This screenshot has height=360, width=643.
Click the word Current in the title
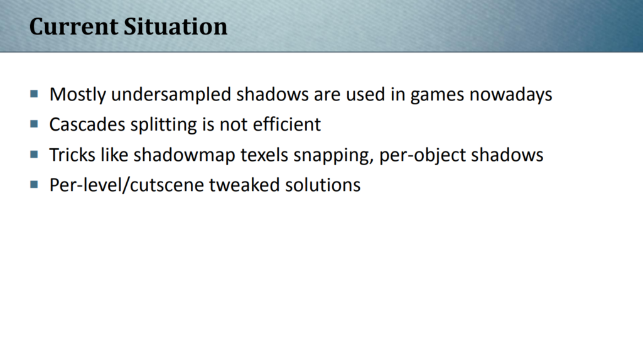pos(74,26)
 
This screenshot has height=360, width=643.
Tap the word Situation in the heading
pos(176,26)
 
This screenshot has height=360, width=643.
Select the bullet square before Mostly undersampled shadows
pos(34,94)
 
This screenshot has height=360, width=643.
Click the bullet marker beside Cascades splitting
pos(34,124)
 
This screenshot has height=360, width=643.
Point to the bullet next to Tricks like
pos(34,155)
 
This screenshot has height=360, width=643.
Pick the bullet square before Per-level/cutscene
pos(34,185)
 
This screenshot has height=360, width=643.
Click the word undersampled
pos(171,95)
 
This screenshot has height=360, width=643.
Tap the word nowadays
pos(511,95)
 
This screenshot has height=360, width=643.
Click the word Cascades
pos(87,124)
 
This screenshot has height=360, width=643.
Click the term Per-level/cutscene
pos(127,185)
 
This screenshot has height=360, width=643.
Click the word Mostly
pos(77,95)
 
